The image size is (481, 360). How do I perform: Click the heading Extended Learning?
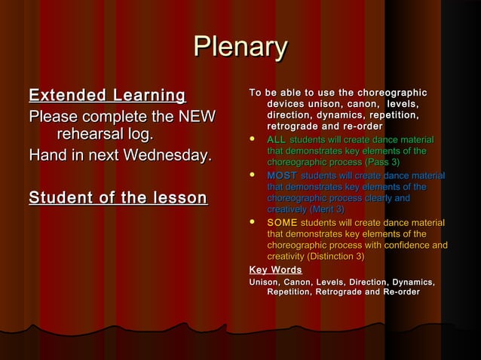(107, 96)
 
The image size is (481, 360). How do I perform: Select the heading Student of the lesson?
(118, 198)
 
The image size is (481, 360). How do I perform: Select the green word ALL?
(276, 139)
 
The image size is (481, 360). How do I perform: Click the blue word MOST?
(282, 175)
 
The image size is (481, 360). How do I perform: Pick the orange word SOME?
(282, 223)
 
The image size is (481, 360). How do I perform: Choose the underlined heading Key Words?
(275, 270)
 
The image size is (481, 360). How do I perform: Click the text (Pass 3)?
(381, 161)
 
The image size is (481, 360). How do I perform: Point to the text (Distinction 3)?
(329, 256)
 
